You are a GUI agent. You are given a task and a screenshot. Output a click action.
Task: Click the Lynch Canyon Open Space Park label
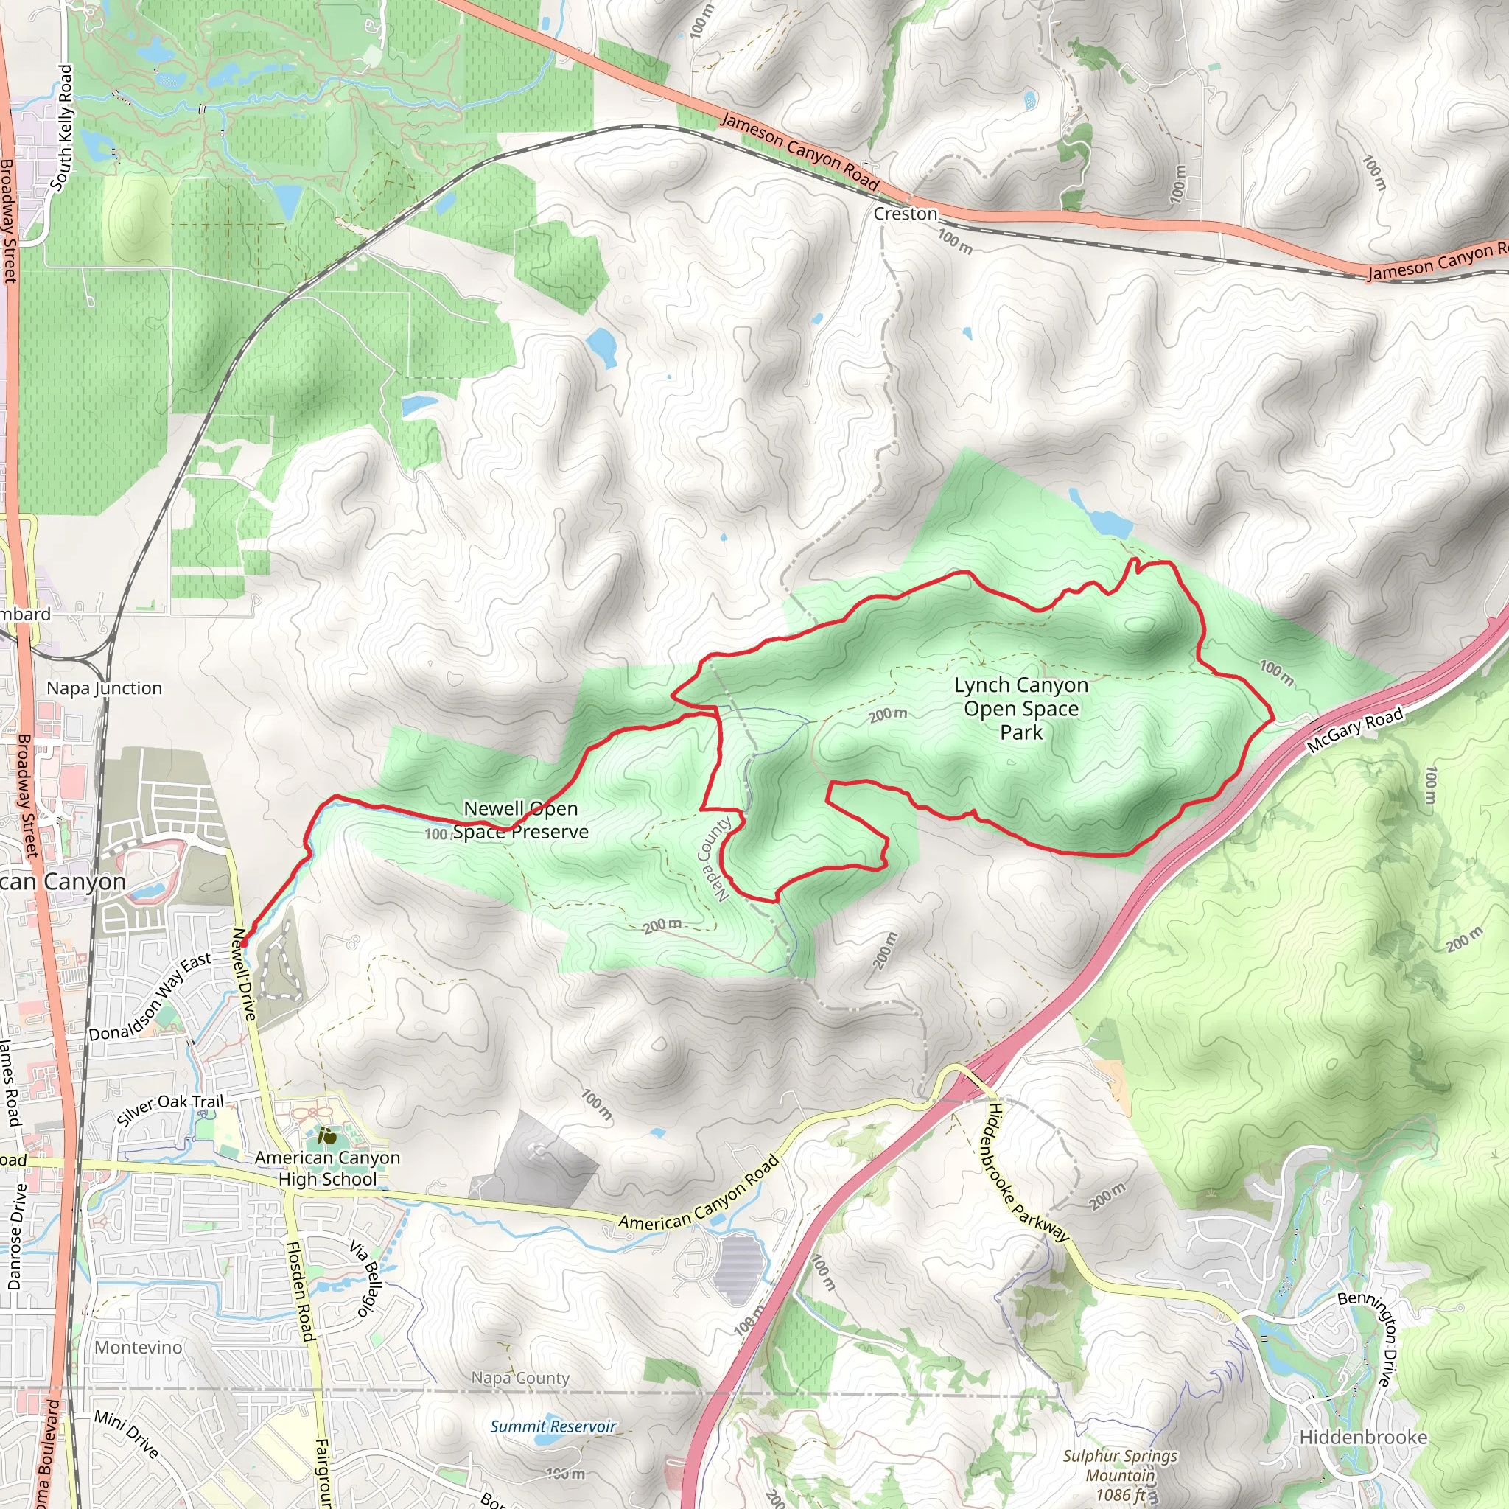[x=1020, y=708]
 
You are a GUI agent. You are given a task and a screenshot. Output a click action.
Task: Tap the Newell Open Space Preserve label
[x=521, y=820]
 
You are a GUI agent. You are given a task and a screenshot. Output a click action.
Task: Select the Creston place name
[x=906, y=214]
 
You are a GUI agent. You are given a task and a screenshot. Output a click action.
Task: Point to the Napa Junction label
[x=105, y=688]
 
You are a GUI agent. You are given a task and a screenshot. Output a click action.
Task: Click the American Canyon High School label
[x=327, y=1169]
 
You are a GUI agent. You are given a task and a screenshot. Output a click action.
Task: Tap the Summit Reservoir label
[x=553, y=1426]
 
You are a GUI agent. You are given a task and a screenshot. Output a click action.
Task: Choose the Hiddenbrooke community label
[x=1363, y=1437]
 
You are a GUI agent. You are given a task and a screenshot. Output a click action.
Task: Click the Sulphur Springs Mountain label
[x=1119, y=1474]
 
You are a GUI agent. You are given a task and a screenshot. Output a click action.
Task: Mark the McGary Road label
[x=1354, y=729]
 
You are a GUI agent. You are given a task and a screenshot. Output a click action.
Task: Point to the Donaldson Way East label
[x=150, y=997]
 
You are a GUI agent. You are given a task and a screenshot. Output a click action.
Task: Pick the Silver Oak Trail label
[x=170, y=1109]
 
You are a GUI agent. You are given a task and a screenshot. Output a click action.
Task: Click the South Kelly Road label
[x=62, y=127]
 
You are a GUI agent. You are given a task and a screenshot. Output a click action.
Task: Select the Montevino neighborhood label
[x=139, y=1348]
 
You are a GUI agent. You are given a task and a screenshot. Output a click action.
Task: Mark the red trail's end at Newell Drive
[x=244, y=944]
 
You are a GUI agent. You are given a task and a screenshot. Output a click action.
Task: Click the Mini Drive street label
[x=127, y=1433]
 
